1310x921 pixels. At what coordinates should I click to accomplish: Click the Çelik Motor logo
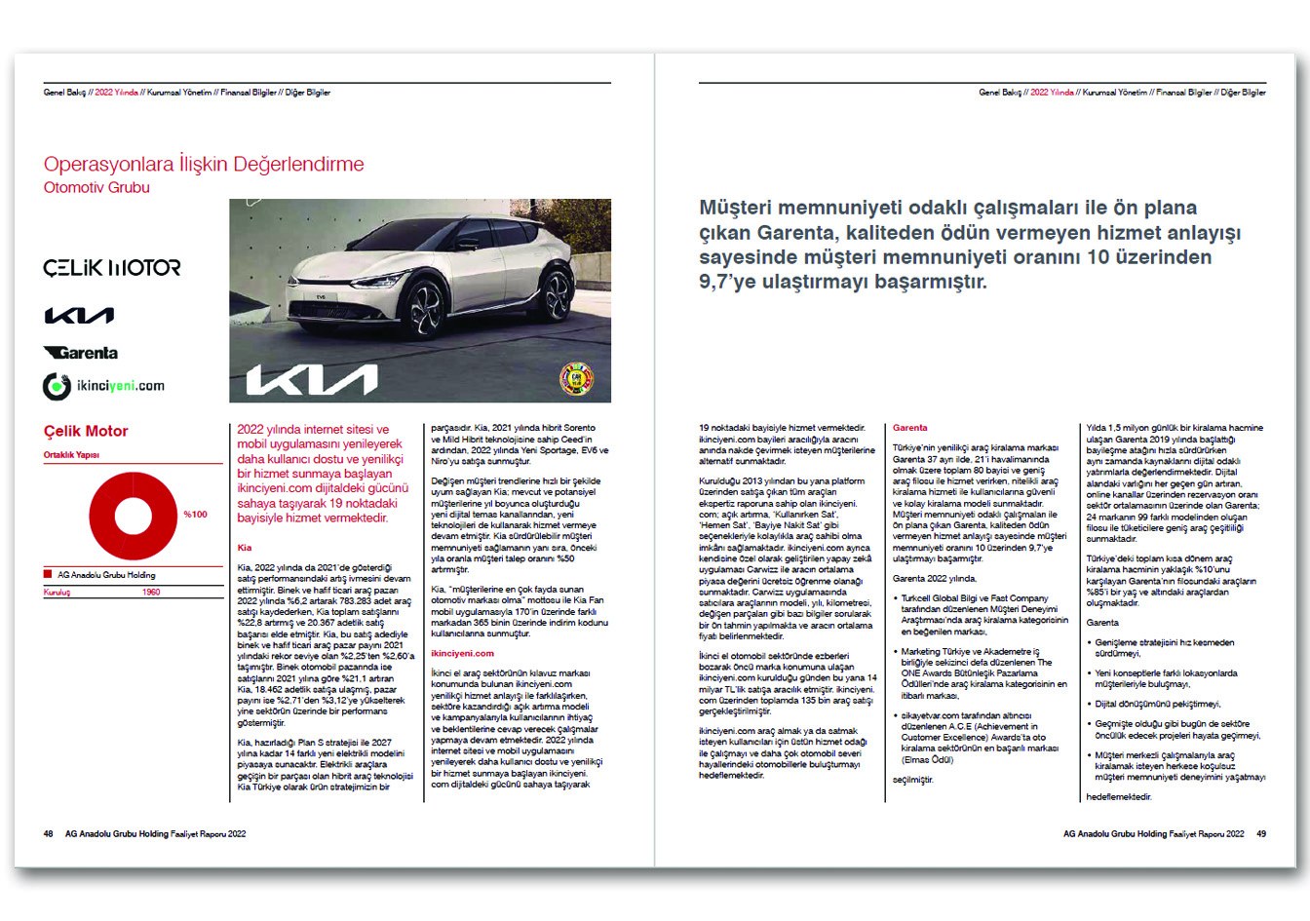[111, 267]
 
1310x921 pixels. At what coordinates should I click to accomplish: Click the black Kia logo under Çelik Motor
[79, 316]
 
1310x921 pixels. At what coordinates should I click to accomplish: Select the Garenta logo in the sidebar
[81, 353]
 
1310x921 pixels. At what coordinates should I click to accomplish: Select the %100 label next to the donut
[195, 515]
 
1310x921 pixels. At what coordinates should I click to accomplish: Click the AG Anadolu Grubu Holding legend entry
[105, 575]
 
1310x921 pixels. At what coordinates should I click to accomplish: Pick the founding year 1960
[151, 593]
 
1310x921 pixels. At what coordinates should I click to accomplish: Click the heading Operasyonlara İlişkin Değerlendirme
[204, 165]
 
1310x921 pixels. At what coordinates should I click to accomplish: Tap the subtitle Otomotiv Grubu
[96, 187]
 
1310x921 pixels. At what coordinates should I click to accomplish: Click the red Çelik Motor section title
[86, 431]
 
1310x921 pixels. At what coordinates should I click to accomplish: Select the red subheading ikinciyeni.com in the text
[462, 654]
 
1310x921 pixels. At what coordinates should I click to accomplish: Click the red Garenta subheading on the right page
[909, 428]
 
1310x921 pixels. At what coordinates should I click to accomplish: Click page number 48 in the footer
[48, 834]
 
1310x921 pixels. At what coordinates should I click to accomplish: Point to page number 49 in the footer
[1261, 834]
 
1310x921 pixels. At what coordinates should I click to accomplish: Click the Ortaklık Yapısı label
[71, 455]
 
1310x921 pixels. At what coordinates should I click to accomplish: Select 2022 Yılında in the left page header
[116, 93]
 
